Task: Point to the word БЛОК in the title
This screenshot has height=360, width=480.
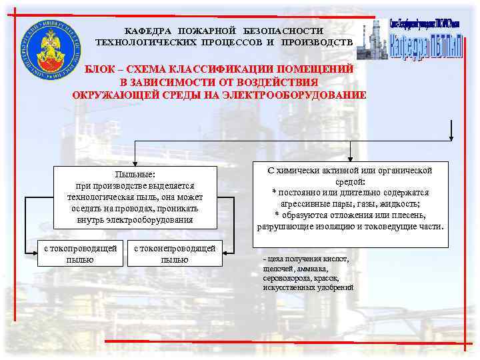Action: [x=101, y=69]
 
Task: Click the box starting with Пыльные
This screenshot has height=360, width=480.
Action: [x=135, y=196]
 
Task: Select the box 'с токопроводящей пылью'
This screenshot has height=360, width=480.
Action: [x=80, y=253]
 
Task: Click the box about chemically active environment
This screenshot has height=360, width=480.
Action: [x=351, y=198]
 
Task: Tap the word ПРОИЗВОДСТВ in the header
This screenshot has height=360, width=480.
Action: [x=317, y=42]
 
